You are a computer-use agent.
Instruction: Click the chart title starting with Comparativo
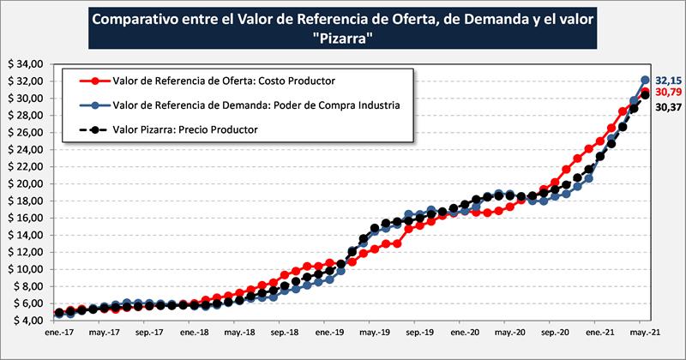342,20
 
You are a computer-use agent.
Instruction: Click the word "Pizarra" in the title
342,39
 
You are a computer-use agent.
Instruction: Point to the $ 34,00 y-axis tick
25,64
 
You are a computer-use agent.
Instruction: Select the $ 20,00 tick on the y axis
25,183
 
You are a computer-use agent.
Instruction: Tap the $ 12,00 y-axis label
25,252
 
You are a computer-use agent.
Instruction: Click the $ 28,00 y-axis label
25,116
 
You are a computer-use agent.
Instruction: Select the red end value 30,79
668,92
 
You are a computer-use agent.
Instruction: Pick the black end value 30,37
668,107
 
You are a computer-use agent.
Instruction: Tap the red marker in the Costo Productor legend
96,81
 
